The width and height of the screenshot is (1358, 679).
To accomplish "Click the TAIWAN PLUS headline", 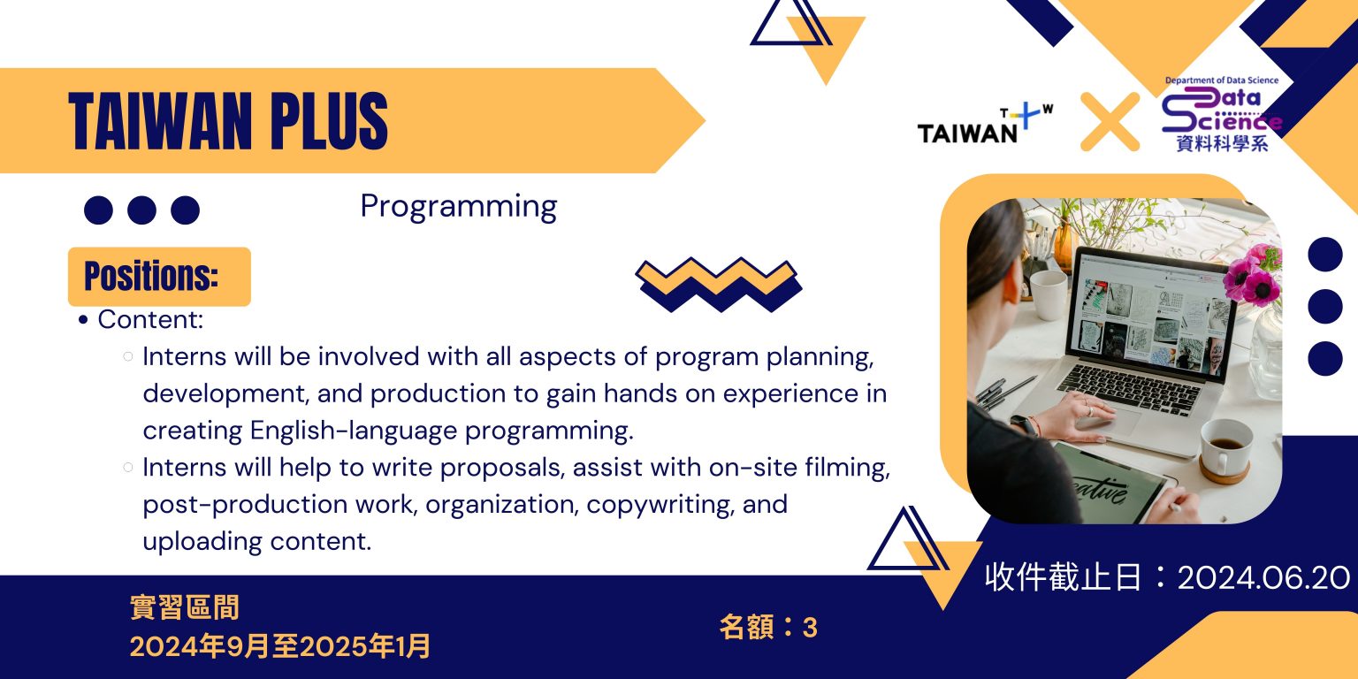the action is [228, 120].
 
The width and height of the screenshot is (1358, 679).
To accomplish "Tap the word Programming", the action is [458, 208].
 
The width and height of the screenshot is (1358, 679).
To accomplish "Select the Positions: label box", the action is [159, 277].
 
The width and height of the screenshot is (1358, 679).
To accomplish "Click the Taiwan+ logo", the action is [985, 124].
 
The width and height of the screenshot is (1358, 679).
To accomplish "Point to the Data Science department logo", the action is [1222, 114].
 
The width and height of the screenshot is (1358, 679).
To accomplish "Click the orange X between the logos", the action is [1110, 121].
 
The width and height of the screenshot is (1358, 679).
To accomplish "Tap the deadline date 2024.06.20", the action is [1263, 577].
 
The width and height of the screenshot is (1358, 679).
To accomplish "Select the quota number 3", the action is [810, 628].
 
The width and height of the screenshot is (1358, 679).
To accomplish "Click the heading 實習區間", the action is [185, 607].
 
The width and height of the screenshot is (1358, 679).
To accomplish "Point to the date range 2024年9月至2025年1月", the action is [280, 646].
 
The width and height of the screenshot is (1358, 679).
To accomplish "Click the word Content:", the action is [150, 319].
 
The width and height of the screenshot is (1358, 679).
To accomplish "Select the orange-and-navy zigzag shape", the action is [719, 285].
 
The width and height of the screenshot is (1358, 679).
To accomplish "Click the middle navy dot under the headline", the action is [141, 210].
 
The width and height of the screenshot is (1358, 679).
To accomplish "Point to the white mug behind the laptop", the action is [1049, 294].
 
